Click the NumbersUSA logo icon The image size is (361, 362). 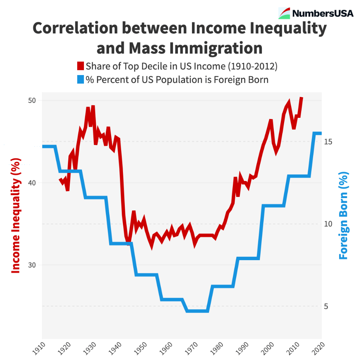point(284,13)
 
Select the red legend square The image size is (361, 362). point(81,67)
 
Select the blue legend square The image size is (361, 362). point(81,80)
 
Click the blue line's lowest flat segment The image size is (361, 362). point(197,311)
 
